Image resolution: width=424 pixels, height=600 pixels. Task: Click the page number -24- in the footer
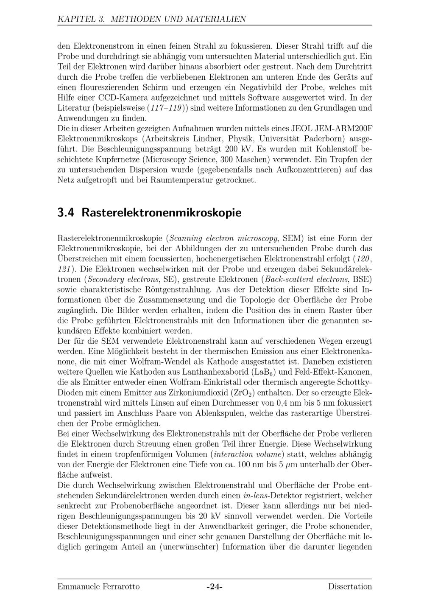pos(215,587)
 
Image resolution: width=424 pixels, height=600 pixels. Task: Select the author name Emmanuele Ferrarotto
pos(98,587)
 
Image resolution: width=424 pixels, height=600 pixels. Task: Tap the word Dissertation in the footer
pos(350,587)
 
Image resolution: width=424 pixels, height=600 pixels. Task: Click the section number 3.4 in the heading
pos(66,212)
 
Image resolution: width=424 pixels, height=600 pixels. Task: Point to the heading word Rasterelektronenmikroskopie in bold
pos(161,212)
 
